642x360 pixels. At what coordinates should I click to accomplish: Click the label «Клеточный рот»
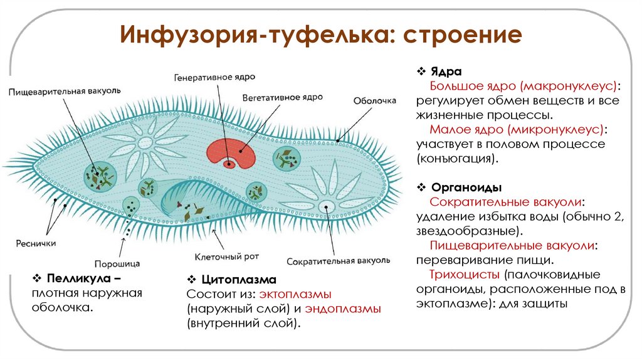(x=226, y=257)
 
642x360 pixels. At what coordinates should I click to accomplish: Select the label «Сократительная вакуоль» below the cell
(x=339, y=260)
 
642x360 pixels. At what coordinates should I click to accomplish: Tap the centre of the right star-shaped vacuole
(x=325, y=206)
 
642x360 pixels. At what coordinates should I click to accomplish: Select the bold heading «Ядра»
(x=443, y=71)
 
